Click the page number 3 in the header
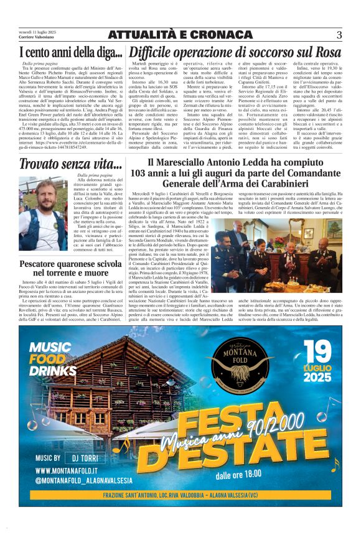339,35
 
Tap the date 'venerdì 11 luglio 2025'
36,31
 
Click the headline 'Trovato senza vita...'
70,164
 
